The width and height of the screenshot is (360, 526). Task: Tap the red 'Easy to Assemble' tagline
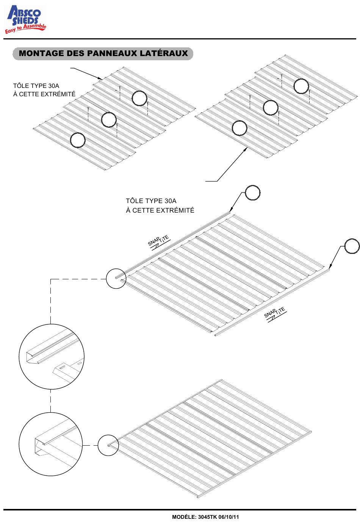(x=25, y=29)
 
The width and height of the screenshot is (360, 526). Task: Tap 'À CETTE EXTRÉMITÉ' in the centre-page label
(x=160, y=210)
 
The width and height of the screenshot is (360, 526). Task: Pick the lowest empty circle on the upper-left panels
(x=78, y=140)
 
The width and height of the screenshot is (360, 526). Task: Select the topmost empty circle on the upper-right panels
(x=301, y=86)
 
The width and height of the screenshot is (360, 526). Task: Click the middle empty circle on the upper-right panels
(x=271, y=108)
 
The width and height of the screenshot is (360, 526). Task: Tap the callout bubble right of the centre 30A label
(x=253, y=193)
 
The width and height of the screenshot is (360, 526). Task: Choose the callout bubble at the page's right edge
(x=352, y=247)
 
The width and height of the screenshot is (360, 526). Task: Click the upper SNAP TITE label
(x=158, y=242)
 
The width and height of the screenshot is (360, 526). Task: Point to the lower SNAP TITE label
(x=275, y=313)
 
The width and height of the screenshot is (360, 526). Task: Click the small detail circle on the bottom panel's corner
(x=108, y=445)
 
